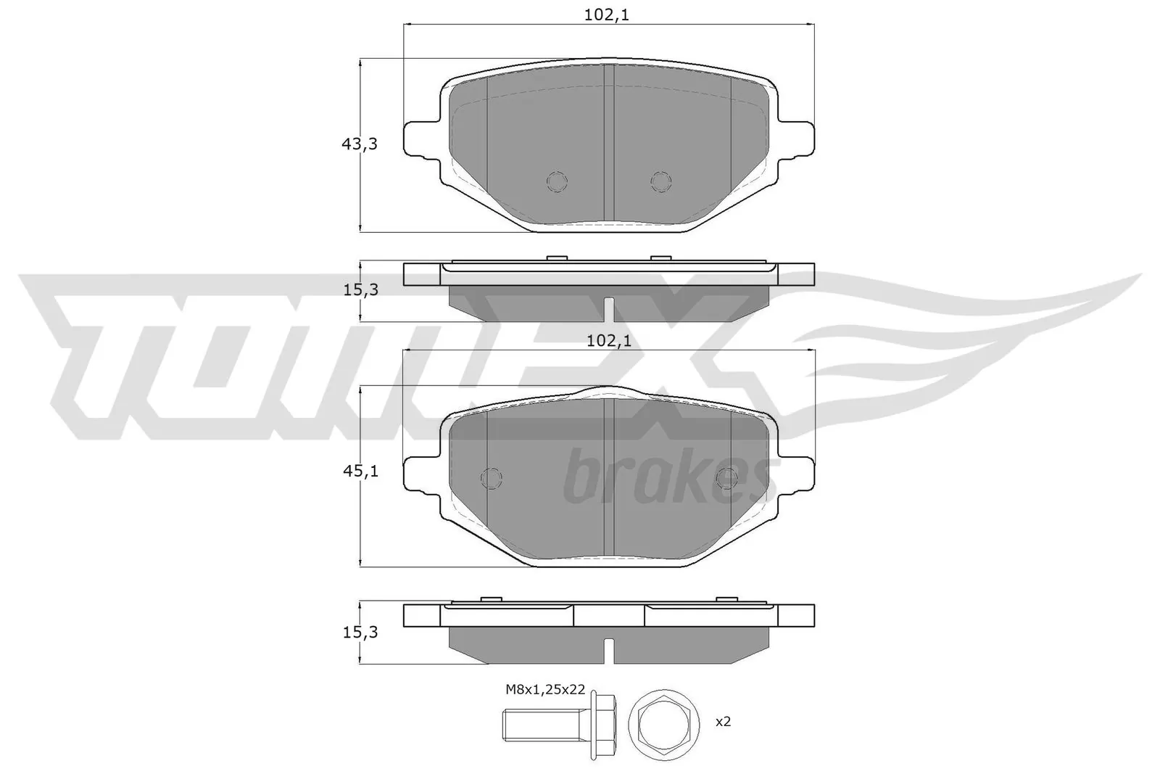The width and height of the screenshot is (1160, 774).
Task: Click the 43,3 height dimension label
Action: click(x=360, y=144)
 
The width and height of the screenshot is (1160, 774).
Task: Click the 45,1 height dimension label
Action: click(x=360, y=472)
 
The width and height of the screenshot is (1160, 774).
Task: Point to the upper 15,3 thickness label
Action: click(x=360, y=290)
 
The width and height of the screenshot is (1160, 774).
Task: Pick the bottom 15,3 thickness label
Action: click(x=360, y=633)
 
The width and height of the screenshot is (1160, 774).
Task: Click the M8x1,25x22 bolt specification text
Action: click(x=545, y=691)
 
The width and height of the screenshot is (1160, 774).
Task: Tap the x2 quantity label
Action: click(x=722, y=722)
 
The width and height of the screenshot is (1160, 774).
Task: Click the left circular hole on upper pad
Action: click(x=557, y=181)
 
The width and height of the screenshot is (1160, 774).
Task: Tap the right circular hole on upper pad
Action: click(x=660, y=181)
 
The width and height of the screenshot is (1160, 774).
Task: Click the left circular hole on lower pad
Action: click(x=492, y=477)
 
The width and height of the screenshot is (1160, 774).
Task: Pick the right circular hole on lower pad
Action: click(x=726, y=477)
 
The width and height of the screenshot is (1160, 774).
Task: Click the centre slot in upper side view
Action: click(x=609, y=308)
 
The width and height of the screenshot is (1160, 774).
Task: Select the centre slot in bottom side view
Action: click(x=609, y=649)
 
